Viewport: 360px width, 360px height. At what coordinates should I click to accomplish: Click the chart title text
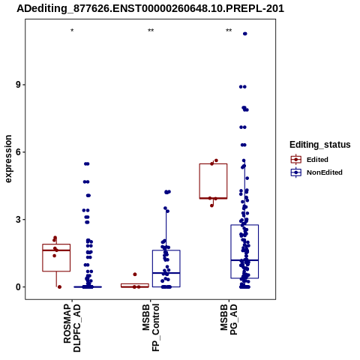pos(150,8)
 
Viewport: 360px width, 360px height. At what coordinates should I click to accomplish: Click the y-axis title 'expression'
pos(8,159)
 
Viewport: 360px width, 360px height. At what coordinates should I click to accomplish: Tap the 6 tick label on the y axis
pos(18,152)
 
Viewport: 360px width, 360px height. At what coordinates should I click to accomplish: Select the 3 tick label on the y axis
pos(18,220)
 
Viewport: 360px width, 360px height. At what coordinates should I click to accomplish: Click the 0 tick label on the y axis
pos(18,287)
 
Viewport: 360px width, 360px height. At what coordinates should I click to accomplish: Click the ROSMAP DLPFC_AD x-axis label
pos(72,328)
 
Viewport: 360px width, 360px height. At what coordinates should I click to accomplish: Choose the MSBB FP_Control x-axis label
pos(151,328)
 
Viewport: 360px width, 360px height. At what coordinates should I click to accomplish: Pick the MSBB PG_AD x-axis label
pos(229,319)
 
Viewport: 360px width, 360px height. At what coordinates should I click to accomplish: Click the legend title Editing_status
pos(320,145)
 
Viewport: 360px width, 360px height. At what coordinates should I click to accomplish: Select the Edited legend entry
pos(310,160)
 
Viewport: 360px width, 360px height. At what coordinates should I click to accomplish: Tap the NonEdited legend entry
pos(316,172)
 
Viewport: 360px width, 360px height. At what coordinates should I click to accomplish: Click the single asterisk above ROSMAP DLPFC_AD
pos(72,31)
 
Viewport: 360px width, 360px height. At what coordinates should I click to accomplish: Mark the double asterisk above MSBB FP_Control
pos(151,31)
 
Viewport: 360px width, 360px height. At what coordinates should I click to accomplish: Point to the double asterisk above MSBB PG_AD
pos(229,31)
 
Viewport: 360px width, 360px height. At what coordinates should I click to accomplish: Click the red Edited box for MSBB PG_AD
pos(213,164)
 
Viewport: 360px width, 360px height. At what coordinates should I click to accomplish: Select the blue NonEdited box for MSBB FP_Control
pos(166,250)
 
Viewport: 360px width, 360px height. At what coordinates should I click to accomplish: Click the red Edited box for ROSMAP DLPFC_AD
pos(56,244)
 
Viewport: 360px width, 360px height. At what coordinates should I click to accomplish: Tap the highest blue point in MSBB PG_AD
pos(245,34)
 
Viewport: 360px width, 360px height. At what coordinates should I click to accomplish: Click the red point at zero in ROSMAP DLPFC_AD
pos(59,287)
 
